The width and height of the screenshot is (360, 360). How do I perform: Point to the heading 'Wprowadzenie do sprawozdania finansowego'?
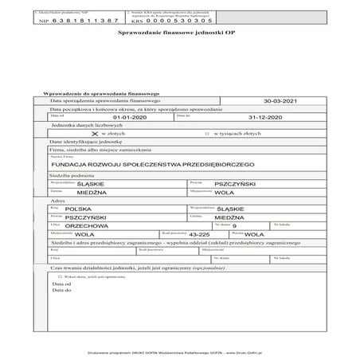(x=96, y=93)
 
